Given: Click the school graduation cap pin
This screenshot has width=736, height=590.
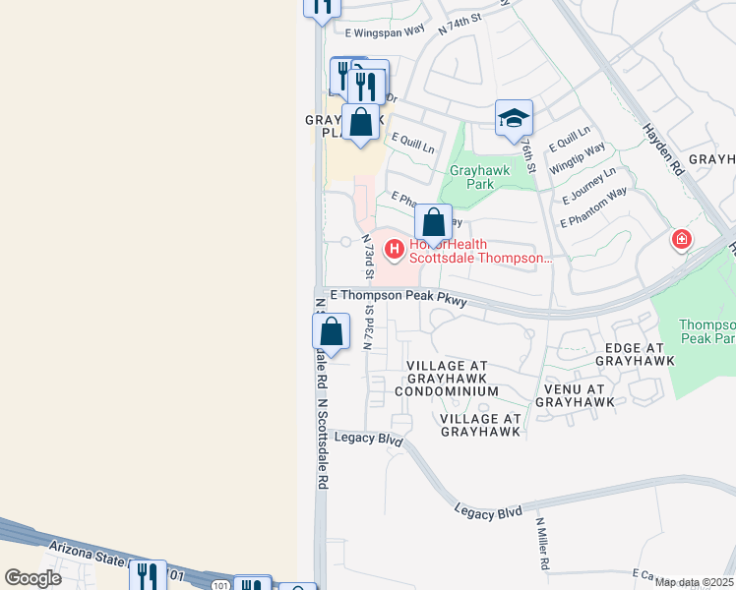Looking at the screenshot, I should (514, 119).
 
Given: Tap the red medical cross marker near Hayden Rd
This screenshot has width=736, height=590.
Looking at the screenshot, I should (681, 239).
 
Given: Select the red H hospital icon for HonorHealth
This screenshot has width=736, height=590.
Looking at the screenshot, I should (395, 250).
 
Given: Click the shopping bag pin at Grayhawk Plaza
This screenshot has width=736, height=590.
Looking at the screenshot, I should (361, 124).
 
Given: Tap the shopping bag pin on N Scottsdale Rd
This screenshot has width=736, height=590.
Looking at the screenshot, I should (332, 333).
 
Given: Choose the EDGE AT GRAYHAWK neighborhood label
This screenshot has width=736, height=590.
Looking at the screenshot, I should (634, 355).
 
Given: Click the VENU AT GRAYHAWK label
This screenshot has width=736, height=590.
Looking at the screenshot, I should (575, 395).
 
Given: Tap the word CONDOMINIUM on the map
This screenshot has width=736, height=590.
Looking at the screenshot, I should (447, 391).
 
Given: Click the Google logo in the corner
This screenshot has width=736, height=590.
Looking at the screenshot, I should (32, 578).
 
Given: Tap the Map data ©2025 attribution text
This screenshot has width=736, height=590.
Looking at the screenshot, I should (695, 583).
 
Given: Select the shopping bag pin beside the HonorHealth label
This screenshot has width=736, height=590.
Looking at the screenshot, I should (433, 223).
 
